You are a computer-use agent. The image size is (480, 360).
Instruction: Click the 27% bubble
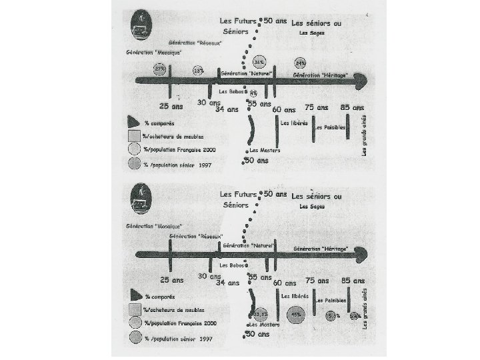coord(160,69)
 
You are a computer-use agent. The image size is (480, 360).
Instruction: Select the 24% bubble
coord(301,63)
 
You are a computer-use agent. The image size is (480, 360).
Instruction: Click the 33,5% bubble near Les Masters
coord(260,314)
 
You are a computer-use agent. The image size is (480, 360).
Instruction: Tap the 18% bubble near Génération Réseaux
coord(198,70)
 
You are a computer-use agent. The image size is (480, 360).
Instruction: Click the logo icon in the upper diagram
coord(141,25)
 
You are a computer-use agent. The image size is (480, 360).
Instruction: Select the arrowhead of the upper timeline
coord(361,82)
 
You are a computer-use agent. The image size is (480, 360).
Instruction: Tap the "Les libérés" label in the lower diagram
coord(295,295)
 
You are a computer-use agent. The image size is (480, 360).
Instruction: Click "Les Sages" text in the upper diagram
coord(312,33)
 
